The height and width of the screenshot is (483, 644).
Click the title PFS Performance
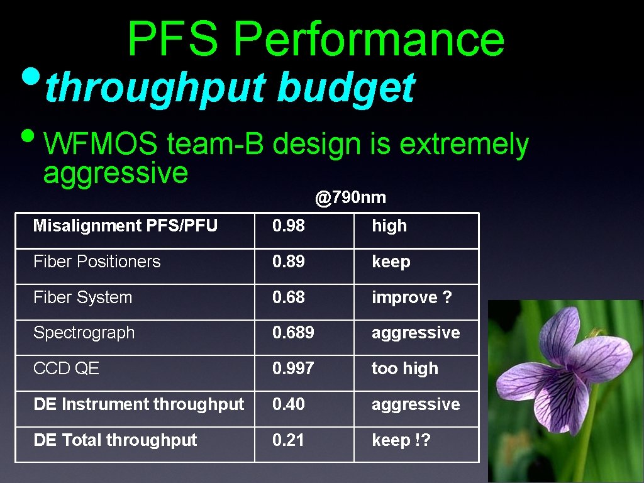[x=316, y=38]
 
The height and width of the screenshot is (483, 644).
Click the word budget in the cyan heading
[x=346, y=87]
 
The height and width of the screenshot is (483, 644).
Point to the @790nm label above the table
[x=350, y=198]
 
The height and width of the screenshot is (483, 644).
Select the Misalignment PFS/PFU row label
[x=125, y=225]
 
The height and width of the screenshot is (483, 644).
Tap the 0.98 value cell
[x=288, y=225]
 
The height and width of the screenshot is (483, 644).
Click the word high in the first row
[x=389, y=226]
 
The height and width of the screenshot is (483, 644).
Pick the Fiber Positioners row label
[x=97, y=261]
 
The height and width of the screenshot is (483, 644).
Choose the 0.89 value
[x=288, y=261]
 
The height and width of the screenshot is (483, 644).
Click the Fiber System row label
[x=82, y=297]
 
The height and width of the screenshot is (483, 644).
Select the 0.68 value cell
[x=288, y=297]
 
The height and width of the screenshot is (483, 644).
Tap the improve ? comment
[x=411, y=297]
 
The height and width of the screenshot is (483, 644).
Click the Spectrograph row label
[x=84, y=333]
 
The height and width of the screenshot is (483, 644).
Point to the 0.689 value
[x=293, y=333]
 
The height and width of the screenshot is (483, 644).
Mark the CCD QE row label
[x=66, y=369]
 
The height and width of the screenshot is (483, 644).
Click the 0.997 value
[x=293, y=369]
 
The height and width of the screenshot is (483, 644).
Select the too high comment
[x=404, y=369]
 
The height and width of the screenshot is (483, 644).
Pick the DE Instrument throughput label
[x=138, y=404]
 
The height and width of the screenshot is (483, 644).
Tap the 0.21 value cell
[x=288, y=440]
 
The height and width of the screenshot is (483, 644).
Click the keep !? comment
[x=401, y=440]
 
